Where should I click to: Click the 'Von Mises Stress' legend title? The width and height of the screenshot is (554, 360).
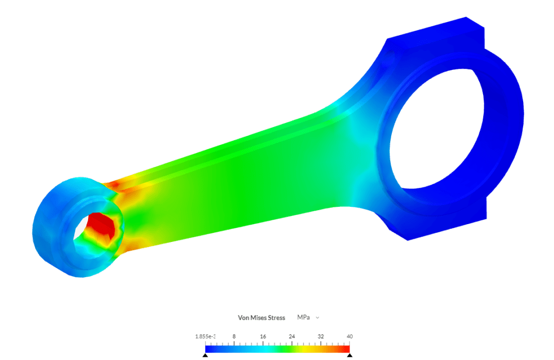pos(261,318)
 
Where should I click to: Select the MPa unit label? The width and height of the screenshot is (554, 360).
pos(303,317)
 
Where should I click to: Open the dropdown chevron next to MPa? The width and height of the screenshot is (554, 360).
pos(318,318)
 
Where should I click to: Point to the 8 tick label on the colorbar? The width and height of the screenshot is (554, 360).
pos(234,337)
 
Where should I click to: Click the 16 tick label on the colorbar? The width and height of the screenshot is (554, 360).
pos(263,337)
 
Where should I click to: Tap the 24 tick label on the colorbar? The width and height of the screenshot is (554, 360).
pos(292,337)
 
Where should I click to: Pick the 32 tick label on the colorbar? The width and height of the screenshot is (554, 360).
pos(321,337)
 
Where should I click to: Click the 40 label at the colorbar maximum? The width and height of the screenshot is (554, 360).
pos(349,337)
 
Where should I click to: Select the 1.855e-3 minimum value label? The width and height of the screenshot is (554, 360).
pos(205,337)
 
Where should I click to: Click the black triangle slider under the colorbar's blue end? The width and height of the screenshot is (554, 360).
pos(205,355)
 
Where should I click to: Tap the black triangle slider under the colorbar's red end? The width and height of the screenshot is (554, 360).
pos(349,355)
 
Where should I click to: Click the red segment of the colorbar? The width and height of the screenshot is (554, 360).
pos(344,349)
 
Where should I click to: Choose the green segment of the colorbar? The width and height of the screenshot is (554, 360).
pos(281,349)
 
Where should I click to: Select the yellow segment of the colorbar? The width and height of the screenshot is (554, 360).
pos(314,349)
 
